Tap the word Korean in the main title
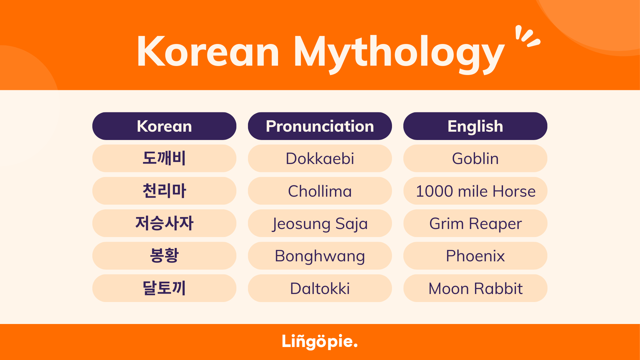click(208, 52)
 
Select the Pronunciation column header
click(320, 126)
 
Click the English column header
click(475, 126)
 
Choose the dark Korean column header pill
click(164, 126)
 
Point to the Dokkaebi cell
click(320, 158)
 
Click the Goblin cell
click(475, 158)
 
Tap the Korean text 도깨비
click(164, 158)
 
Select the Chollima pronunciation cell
click(320, 191)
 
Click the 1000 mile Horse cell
click(475, 191)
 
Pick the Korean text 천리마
click(164, 191)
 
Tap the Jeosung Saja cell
click(320, 223)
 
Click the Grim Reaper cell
click(475, 223)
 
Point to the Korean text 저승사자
click(164, 223)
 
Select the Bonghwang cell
click(320, 256)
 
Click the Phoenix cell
click(475, 256)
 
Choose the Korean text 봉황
click(164, 255)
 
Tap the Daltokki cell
click(320, 288)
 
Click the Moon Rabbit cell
click(475, 288)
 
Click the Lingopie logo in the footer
click(320, 341)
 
